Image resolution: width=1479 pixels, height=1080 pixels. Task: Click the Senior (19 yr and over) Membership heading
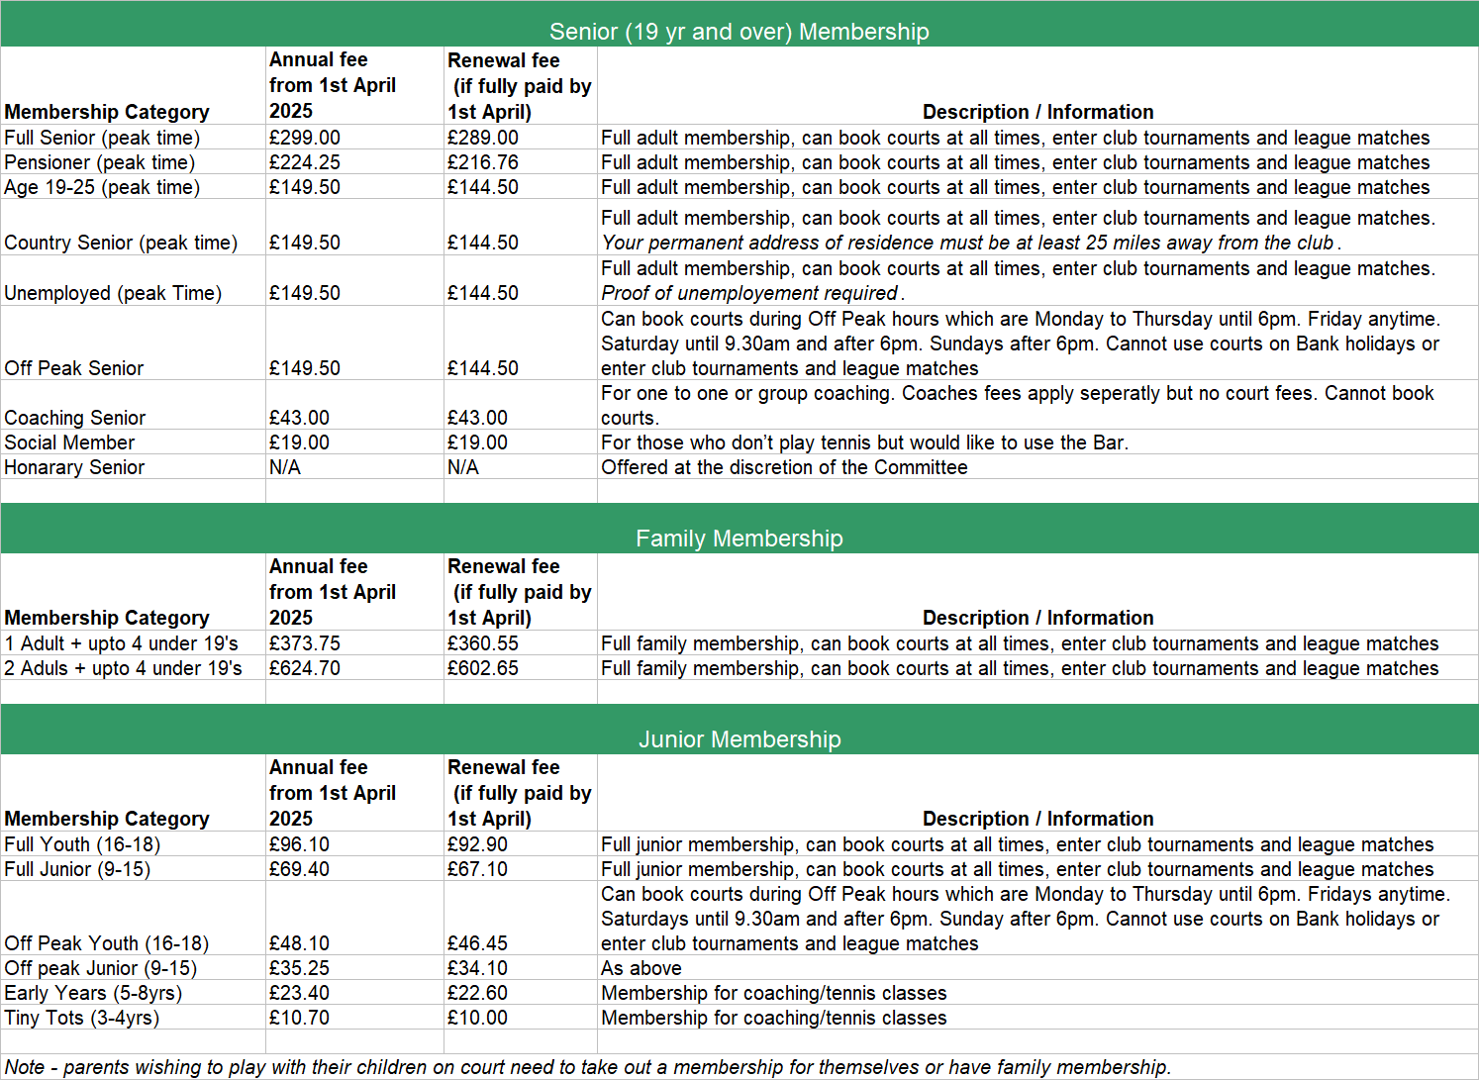coord(739,32)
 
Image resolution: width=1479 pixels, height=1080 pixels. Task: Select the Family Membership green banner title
coord(739,539)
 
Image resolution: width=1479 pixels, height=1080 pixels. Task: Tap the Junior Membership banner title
coord(739,739)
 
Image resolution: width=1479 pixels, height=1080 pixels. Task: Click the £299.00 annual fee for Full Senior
coord(305,138)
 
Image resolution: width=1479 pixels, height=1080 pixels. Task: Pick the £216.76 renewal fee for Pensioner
coord(483,162)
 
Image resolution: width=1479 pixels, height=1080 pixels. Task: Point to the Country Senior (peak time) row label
coord(121,243)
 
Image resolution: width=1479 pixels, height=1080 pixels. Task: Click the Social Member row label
coord(69,442)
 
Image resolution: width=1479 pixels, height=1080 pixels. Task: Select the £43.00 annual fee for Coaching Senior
coord(300,418)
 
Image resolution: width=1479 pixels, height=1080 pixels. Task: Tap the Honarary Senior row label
coord(74,467)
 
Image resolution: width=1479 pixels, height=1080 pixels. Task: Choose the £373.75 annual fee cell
coord(305,643)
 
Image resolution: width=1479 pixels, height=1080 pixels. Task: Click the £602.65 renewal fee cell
coord(483,668)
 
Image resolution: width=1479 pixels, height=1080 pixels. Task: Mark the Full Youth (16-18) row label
coord(82,844)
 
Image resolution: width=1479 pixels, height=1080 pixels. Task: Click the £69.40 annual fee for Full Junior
coord(300,869)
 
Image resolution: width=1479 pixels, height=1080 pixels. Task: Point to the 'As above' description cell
coord(641,968)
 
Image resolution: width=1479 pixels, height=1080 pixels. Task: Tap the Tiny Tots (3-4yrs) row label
coord(81,1018)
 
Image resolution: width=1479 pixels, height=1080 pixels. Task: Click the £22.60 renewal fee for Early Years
coord(478,993)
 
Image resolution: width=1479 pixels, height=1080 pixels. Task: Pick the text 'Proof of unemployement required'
coord(750,293)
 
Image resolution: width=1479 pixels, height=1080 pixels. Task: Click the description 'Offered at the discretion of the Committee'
coord(784,467)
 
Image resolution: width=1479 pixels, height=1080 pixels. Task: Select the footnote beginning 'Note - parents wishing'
coord(588,1067)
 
